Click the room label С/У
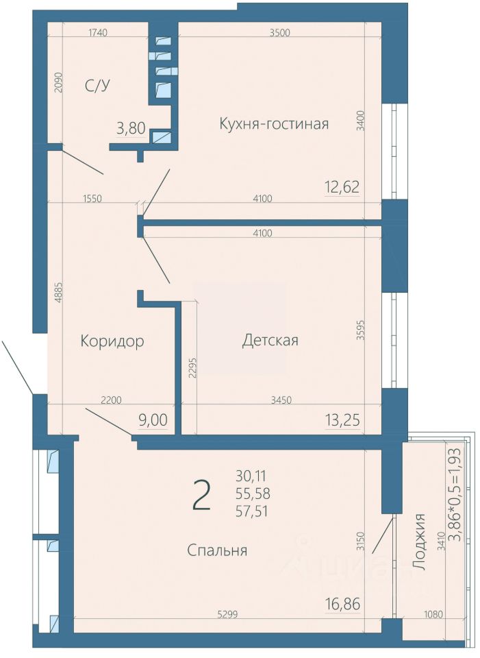(x=97, y=86)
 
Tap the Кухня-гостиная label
(x=274, y=124)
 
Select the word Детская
(x=270, y=340)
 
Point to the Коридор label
(x=112, y=341)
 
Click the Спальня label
(x=217, y=550)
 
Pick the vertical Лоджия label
(x=420, y=541)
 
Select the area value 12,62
(x=342, y=186)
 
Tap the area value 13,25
(x=342, y=419)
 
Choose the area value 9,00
(x=153, y=419)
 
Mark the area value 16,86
(x=342, y=605)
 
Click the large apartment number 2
(x=201, y=495)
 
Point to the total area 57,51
(x=253, y=511)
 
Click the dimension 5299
(x=227, y=615)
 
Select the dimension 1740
(x=99, y=32)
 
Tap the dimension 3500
(x=280, y=33)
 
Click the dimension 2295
(x=192, y=368)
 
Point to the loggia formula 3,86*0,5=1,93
(x=455, y=494)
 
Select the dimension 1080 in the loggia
(x=433, y=615)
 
